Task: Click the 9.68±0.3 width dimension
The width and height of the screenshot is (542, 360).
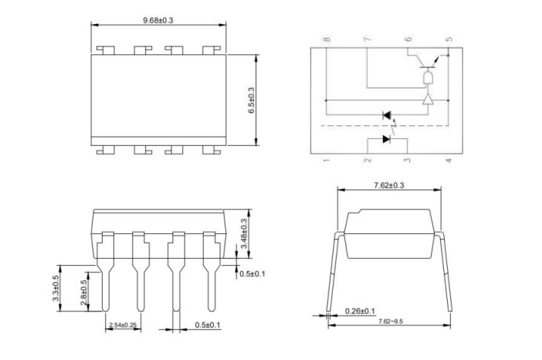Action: pos(158,19)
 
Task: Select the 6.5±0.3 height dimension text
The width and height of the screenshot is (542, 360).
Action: pos(251,100)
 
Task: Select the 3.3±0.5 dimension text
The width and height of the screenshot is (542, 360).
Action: pos(56,289)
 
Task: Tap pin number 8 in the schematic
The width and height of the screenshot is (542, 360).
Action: pos(327,39)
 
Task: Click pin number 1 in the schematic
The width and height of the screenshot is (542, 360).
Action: pos(327,160)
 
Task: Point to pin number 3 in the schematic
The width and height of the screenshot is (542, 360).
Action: pos(408,160)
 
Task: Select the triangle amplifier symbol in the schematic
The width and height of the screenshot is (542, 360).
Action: pos(429,100)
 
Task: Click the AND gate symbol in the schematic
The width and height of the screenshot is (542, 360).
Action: pos(429,80)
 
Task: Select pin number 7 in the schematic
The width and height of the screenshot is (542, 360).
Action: pos(367,39)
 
